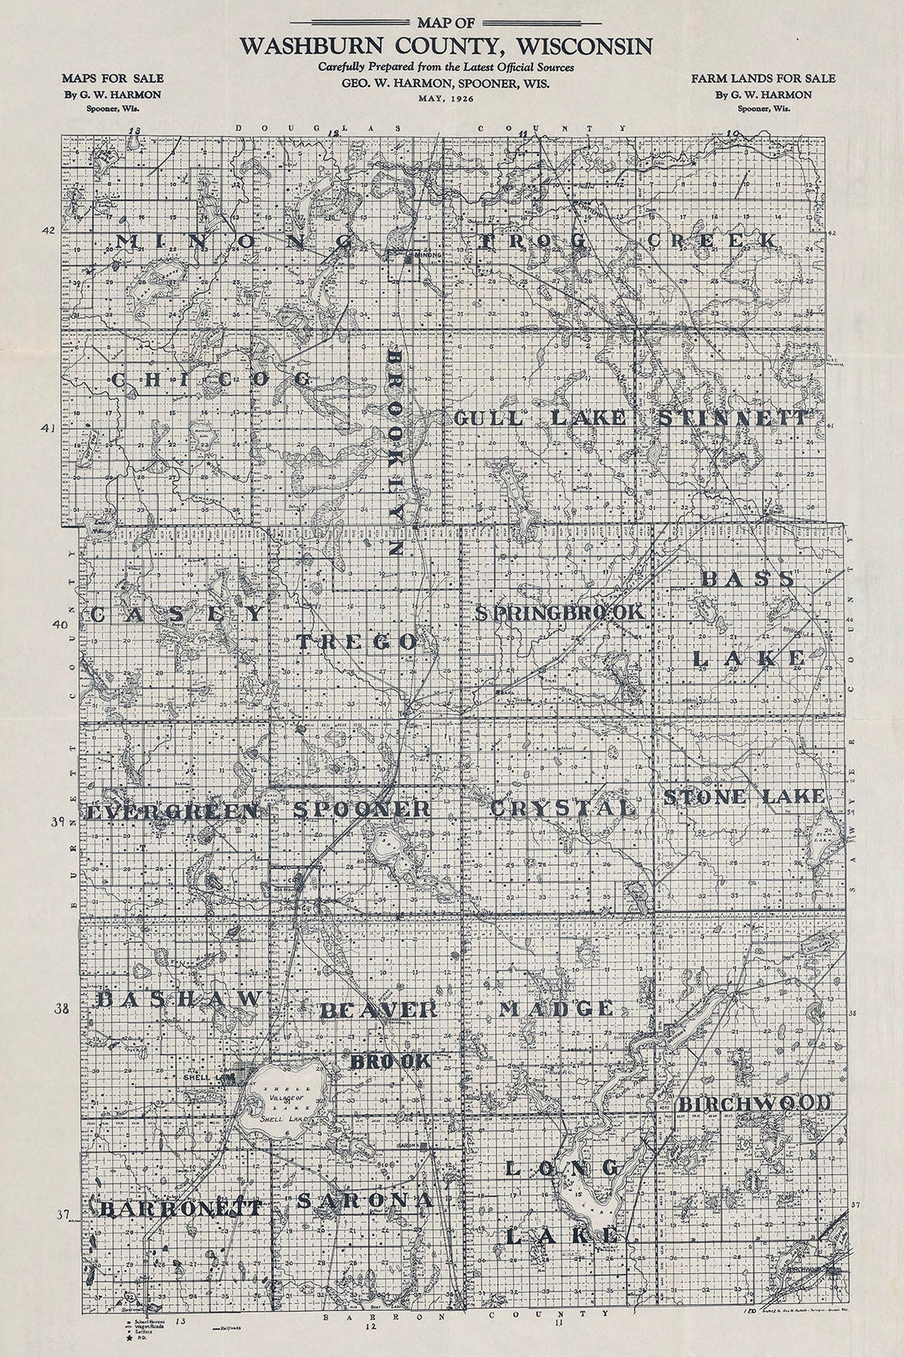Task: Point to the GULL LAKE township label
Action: coord(539,418)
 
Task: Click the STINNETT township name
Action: coord(733,418)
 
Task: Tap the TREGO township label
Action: coord(357,642)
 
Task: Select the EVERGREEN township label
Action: coord(172,812)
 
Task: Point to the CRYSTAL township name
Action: coord(562,808)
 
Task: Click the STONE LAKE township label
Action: coord(743,797)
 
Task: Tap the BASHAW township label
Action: coord(180,998)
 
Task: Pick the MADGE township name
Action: coord(556,1009)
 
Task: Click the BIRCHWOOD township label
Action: coord(754,1103)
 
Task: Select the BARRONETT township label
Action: coord(180,1209)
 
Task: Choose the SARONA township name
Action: coord(365,1200)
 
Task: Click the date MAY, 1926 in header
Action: coord(445,99)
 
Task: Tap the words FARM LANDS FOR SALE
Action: coord(763,78)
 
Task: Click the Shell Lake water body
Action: coord(280,1089)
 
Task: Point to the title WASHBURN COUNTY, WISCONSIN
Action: coord(445,46)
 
